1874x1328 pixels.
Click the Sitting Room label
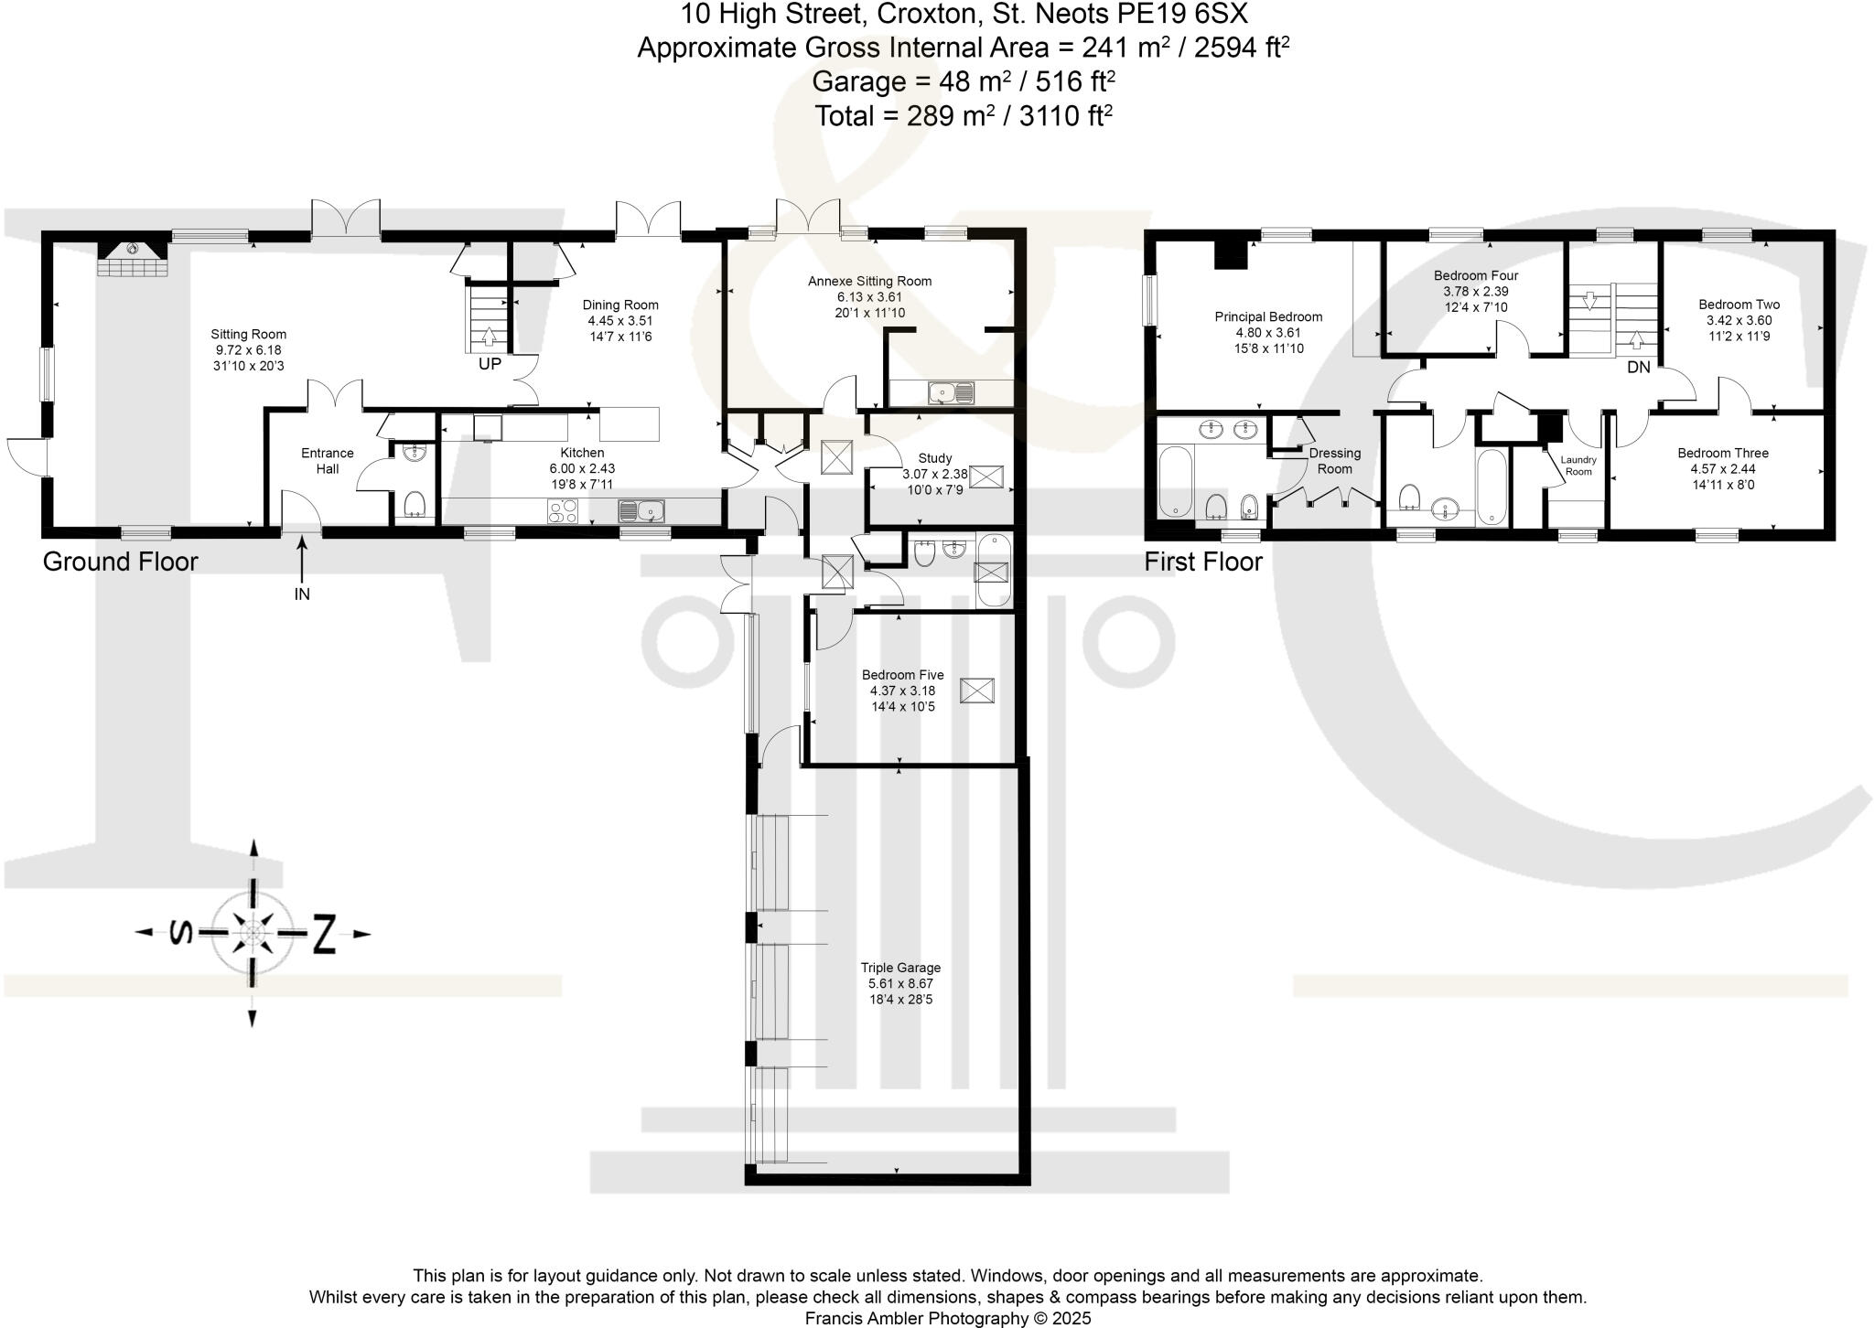coord(248,335)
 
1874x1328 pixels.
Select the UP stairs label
coord(490,364)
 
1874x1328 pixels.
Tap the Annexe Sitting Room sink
coord(952,393)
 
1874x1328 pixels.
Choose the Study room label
coord(934,458)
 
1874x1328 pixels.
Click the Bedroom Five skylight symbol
coord(976,691)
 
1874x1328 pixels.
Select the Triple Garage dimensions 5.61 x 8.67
coord(900,983)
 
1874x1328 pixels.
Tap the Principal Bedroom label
coord(1268,317)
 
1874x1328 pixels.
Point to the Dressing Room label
coord(1334,461)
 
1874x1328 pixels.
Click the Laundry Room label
coord(1578,466)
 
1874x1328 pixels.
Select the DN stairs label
coord(1638,368)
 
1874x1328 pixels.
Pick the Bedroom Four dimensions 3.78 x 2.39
coord(1475,292)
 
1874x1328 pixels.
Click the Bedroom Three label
coord(1722,453)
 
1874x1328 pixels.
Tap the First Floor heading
coord(1202,562)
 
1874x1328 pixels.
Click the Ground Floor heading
coord(120,562)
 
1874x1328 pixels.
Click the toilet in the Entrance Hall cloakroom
coord(416,504)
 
